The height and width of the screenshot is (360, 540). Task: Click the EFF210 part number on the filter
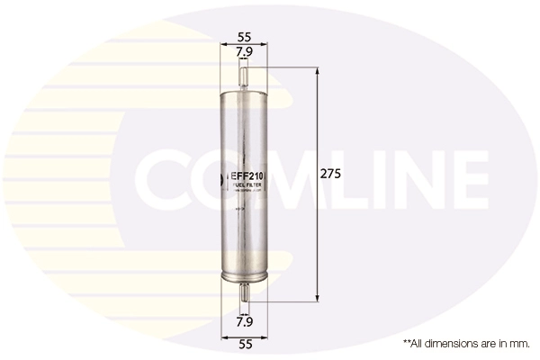(x=244, y=178)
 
